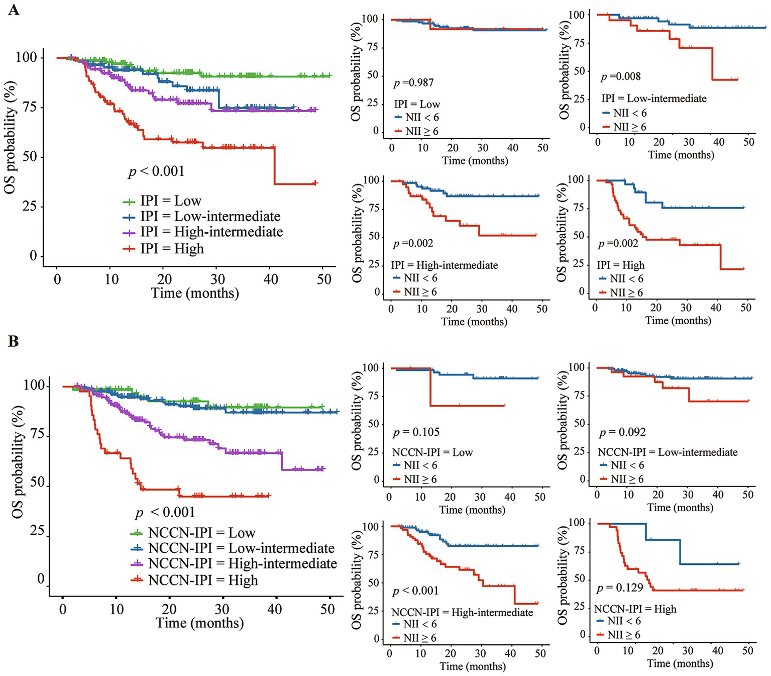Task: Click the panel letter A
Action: point(14,10)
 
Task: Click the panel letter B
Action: point(14,341)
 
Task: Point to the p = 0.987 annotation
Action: point(413,82)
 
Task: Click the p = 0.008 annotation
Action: point(621,76)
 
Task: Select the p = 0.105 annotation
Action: point(416,432)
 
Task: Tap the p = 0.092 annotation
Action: point(622,432)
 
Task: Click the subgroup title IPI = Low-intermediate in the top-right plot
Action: point(653,99)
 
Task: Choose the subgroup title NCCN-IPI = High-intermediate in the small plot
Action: point(462,612)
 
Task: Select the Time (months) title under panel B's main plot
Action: point(199,623)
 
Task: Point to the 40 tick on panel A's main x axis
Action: point(271,279)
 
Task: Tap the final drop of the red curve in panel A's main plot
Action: point(274,166)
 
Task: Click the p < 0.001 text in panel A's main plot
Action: point(156,172)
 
